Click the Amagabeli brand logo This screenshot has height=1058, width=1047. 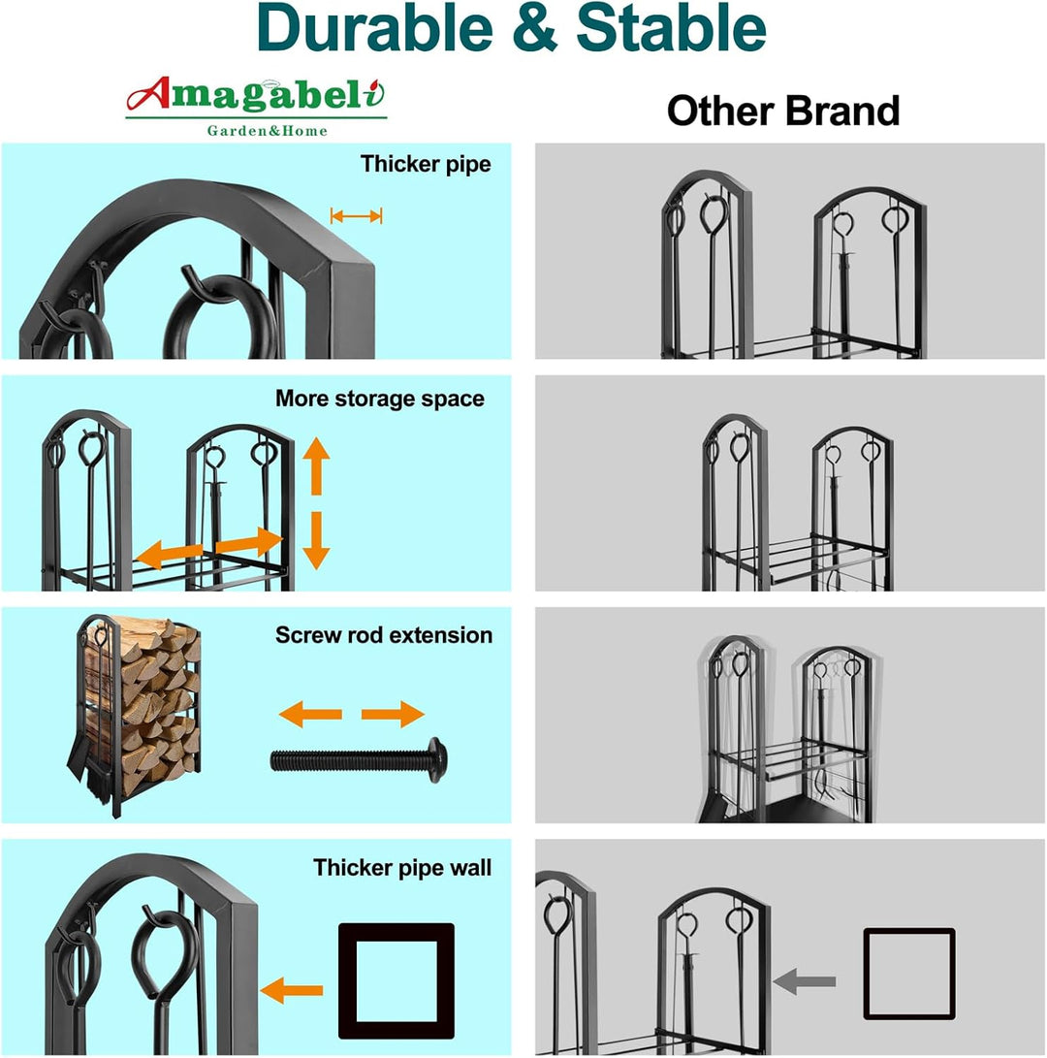coord(256,107)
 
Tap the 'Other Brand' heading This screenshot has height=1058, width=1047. coord(783,111)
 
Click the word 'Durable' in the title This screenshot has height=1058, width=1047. coord(374,28)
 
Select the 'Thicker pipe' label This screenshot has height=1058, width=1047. coord(426,164)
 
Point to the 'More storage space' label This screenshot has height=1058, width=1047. coord(380,399)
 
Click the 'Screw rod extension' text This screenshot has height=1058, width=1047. coord(384,635)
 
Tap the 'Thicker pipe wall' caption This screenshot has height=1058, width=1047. coord(402,868)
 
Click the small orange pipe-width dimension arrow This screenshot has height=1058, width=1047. coord(356,216)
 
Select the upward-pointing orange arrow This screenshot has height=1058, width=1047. coord(316,465)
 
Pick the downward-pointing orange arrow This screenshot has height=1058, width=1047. coord(316,540)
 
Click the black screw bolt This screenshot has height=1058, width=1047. coord(359,760)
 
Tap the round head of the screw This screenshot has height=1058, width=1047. coord(436,760)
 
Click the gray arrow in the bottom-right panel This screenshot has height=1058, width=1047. coord(804,980)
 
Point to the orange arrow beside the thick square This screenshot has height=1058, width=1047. coord(292,990)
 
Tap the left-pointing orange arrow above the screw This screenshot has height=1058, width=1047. coord(310,715)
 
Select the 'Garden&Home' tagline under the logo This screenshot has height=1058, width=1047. coord(268,131)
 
